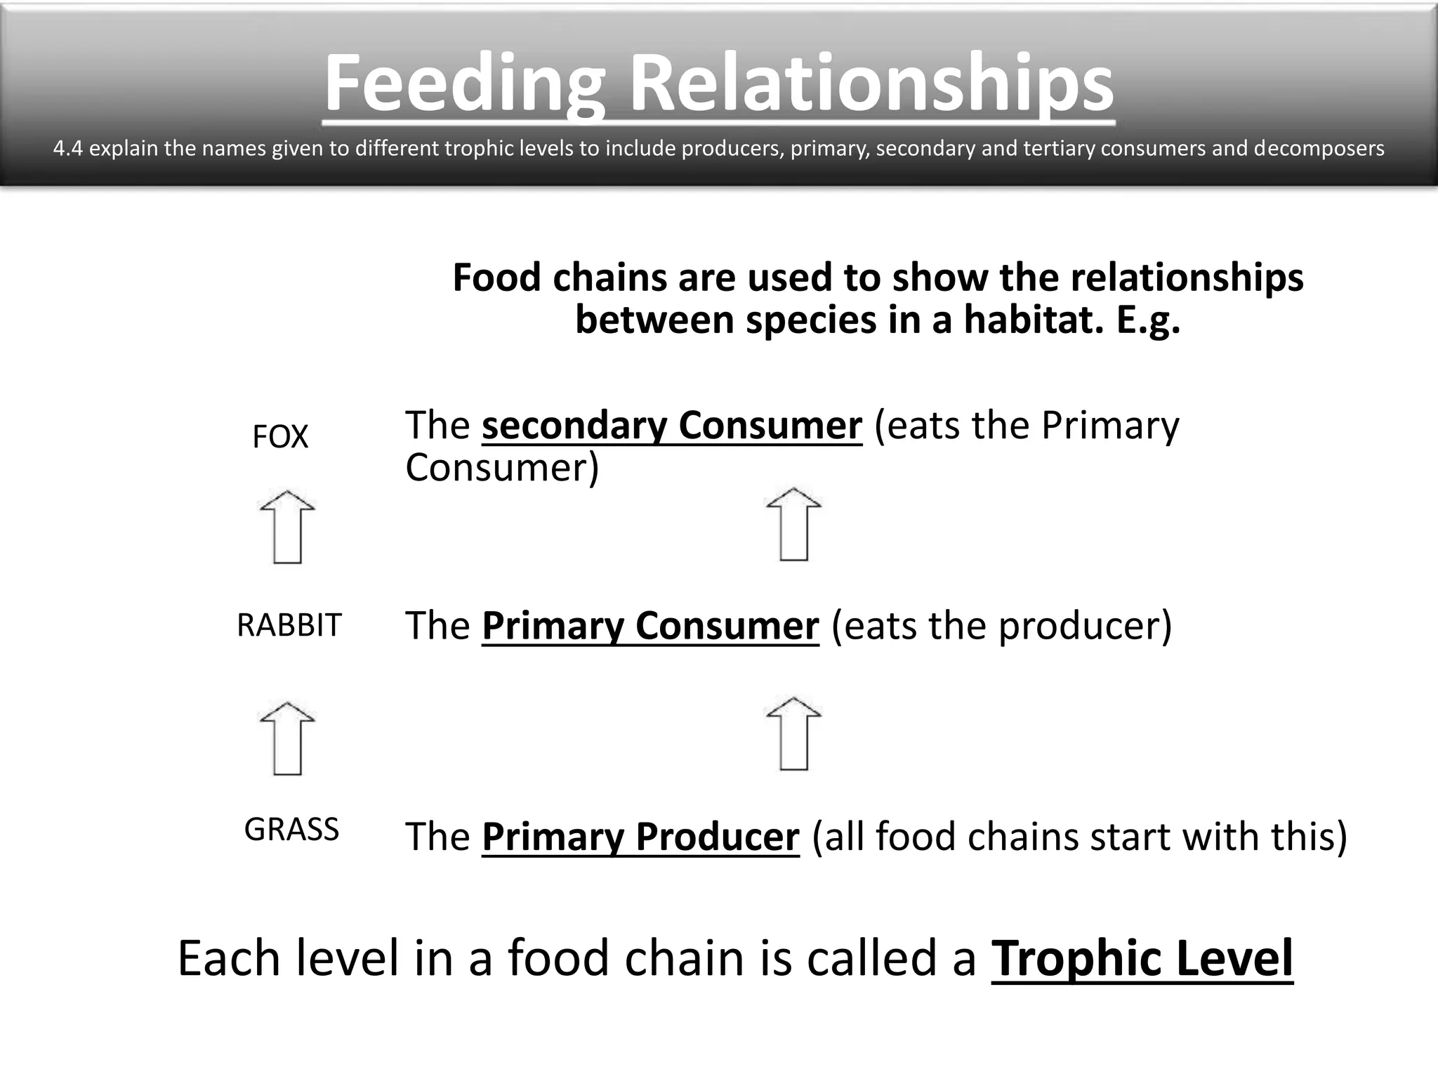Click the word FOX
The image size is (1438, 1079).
pos(279,437)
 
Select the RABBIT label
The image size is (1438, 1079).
pos(289,624)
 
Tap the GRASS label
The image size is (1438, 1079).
pos(291,830)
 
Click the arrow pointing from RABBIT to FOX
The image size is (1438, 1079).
pos(287,527)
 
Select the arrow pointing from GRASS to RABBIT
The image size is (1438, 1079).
pos(287,738)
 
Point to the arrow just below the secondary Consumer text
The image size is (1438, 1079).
pos(793,524)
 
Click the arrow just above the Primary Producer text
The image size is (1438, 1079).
pos(793,734)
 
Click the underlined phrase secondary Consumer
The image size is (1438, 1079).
pos(671,426)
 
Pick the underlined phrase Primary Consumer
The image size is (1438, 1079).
pos(650,625)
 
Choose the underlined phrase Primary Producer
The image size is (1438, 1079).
pos(640,837)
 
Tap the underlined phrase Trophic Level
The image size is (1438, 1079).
pos(1142,958)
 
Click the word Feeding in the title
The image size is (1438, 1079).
pos(464,84)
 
